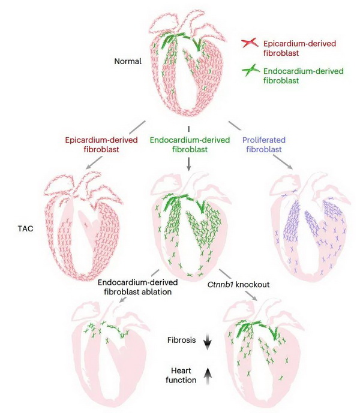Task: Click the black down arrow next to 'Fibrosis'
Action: pyautogui.click(x=208, y=342)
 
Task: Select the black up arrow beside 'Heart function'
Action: pyautogui.click(x=208, y=375)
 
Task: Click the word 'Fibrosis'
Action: pyautogui.click(x=181, y=340)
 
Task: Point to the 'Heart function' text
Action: pyautogui.click(x=181, y=375)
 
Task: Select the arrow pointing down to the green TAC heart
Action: pyautogui.click(x=189, y=162)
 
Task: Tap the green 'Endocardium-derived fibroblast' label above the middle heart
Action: pyautogui.click(x=190, y=144)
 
